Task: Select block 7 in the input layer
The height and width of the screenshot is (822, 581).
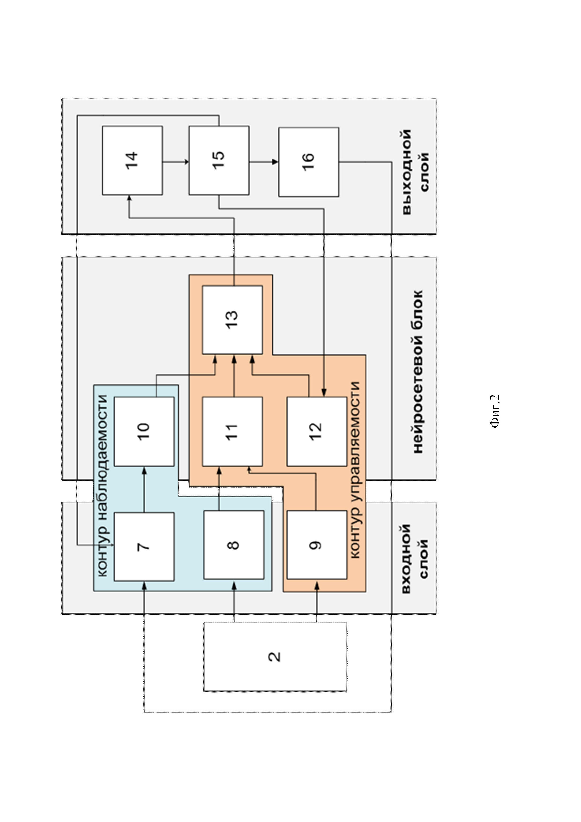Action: pyautogui.click(x=144, y=547)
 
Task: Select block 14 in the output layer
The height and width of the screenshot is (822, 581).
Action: pyautogui.click(x=132, y=160)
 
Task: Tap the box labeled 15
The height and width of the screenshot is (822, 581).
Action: pyautogui.click(x=219, y=160)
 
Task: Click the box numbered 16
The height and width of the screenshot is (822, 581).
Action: pyautogui.click(x=309, y=162)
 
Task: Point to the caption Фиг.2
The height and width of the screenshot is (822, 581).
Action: pyautogui.click(x=495, y=411)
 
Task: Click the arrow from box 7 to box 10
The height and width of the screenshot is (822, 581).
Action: pyautogui.click(x=144, y=489)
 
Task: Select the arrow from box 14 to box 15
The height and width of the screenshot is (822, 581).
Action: pyautogui.click(x=176, y=162)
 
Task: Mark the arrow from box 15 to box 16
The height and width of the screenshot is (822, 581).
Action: pyautogui.click(x=264, y=162)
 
